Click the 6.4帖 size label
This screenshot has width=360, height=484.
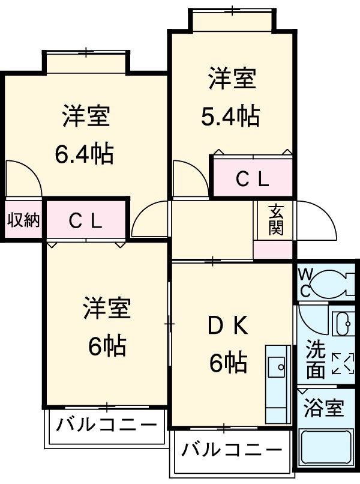[84, 155]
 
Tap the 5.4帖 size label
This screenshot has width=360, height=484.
[230, 115]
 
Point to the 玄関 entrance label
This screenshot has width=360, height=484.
[275, 220]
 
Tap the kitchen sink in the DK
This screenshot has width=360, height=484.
[278, 363]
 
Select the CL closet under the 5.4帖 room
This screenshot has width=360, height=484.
[252, 178]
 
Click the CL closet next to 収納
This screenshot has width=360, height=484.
[85, 220]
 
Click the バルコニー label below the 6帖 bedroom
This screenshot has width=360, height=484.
[106, 426]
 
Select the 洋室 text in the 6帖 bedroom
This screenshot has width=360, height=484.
[107, 309]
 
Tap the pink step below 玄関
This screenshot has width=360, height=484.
[273, 250]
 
